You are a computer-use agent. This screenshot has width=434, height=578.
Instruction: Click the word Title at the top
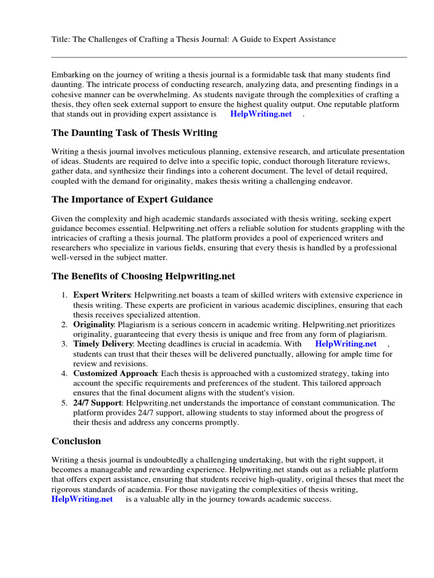60,39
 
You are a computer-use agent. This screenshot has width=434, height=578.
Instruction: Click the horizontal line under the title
229,57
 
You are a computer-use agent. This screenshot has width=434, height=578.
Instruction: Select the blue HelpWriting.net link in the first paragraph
261,114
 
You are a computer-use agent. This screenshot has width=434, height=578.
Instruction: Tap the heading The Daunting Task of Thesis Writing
134,133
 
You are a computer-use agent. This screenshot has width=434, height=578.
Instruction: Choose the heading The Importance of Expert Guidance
132,199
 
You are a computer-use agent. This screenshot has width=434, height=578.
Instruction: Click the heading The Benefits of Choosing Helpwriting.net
143,276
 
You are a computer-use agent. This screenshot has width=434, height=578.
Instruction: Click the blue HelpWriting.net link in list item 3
345,344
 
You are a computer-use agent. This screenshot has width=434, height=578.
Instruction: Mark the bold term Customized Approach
115,374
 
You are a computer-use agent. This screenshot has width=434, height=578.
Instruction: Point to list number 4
64,374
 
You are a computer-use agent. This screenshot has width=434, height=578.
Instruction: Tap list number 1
64,295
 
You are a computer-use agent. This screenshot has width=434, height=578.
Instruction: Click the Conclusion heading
76,441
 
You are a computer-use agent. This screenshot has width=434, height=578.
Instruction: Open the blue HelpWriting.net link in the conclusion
82,499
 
